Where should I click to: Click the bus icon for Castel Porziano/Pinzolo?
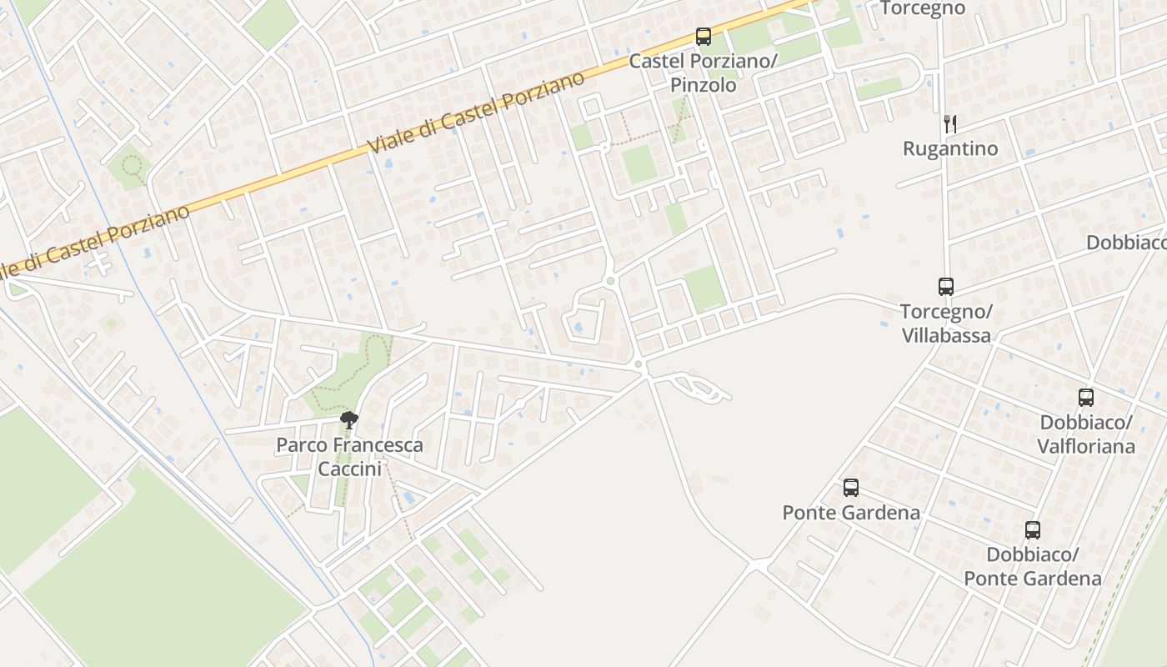click(x=704, y=37)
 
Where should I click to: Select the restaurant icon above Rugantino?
click(x=949, y=124)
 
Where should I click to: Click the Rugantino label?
click(x=950, y=149)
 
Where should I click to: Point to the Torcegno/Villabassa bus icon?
click(x=946, y=287)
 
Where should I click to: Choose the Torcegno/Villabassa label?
click(x=946, y=323)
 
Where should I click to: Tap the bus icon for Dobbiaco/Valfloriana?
click(x=1085, y=398)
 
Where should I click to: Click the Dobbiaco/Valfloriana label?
click(x=1085, y=434)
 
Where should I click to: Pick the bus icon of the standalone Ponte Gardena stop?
click(x=850, y=488)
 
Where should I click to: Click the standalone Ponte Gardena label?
click(x=851, y=513)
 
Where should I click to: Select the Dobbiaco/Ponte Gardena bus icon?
click(x=1032, y=529)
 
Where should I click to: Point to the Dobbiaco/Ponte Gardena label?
click(x=1032, y=566)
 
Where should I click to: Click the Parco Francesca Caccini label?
click(x=349, y=457)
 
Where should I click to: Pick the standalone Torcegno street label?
click(x=923, y=8)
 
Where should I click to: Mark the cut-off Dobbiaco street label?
click(x=1126, y=243)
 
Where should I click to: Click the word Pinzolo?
click(x=703, y=85)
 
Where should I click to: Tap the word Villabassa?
click(x=946, y=336)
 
